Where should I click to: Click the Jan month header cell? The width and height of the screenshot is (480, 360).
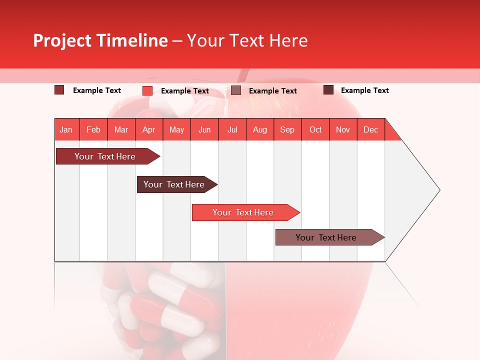66,129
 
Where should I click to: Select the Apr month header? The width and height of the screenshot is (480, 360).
149,129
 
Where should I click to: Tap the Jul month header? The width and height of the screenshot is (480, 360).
232,129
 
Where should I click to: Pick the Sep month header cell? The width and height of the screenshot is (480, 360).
287,129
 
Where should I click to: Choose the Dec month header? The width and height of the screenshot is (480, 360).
370,129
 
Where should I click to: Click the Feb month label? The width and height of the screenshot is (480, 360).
93,129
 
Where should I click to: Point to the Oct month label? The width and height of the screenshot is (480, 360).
315,129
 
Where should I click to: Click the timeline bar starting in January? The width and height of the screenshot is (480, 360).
105,156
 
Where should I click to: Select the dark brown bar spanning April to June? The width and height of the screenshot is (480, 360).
174,184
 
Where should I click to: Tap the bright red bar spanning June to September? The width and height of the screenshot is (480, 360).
243,212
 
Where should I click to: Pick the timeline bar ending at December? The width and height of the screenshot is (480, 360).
326,237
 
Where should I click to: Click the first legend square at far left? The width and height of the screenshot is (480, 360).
59,90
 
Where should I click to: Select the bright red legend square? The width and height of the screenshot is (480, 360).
147,90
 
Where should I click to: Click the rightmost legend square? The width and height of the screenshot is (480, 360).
328,90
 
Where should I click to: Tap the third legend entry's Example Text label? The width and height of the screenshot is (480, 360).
272,91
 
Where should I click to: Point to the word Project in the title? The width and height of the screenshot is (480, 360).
62,40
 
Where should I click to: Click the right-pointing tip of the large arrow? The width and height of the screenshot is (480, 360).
437,190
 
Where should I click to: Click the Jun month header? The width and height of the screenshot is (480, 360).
204,129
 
